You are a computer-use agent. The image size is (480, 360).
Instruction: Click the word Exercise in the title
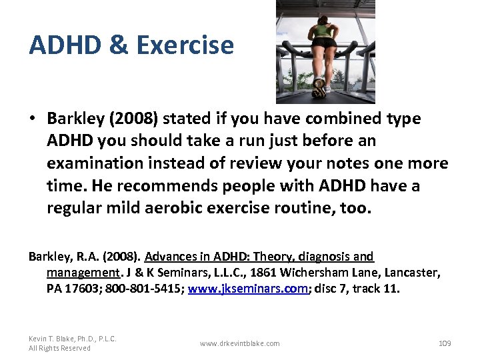coord(185,45)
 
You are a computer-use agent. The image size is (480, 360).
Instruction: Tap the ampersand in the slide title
coord(117,45)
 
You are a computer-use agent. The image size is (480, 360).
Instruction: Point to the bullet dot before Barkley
coord(32,119)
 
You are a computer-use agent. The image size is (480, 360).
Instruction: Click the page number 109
coord(445,343)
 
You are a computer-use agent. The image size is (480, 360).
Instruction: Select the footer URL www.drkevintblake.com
coord(240,343)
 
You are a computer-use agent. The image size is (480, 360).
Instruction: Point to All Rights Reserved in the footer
coord(59,348)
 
